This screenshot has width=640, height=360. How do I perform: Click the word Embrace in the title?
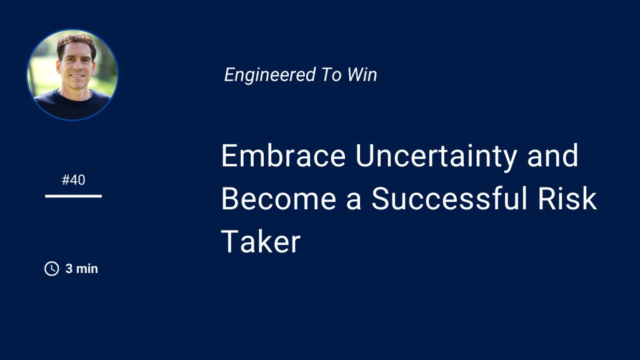283,155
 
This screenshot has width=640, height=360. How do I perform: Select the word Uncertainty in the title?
436,157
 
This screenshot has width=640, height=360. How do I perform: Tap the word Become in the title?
279,198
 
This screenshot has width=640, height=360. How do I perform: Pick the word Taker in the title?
261,241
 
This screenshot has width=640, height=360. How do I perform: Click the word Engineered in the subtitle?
270,76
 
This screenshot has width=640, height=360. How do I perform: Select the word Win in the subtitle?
362,75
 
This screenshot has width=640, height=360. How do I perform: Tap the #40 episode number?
74,179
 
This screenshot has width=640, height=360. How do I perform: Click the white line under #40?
74,196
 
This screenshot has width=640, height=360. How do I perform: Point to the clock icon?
52,269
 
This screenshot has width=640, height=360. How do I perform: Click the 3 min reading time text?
82,269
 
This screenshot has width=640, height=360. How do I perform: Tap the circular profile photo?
72,75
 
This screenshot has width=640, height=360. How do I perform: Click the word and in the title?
552,155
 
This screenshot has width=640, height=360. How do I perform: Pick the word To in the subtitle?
331,75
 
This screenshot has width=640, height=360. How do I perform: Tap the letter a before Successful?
354,202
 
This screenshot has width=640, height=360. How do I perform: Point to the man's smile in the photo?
77,76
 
